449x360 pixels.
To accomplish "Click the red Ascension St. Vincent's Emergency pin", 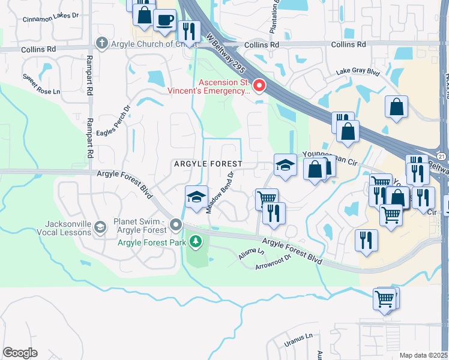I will [259, 86].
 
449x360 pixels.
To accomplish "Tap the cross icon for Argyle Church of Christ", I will [101, 43].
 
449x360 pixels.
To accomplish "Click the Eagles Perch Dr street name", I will [121, 122].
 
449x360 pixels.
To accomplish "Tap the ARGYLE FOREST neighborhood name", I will [208, 164].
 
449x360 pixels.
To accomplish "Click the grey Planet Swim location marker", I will [176, 225].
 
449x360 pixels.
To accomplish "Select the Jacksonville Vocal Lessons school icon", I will [100, 227].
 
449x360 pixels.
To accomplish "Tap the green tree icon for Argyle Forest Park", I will [194, 241].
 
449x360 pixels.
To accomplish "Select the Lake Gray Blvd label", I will [358, 71].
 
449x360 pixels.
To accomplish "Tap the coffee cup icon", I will [164, 19].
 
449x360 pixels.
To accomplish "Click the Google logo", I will [20, 352].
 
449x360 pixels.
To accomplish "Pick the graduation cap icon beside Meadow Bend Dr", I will [196, 197].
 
